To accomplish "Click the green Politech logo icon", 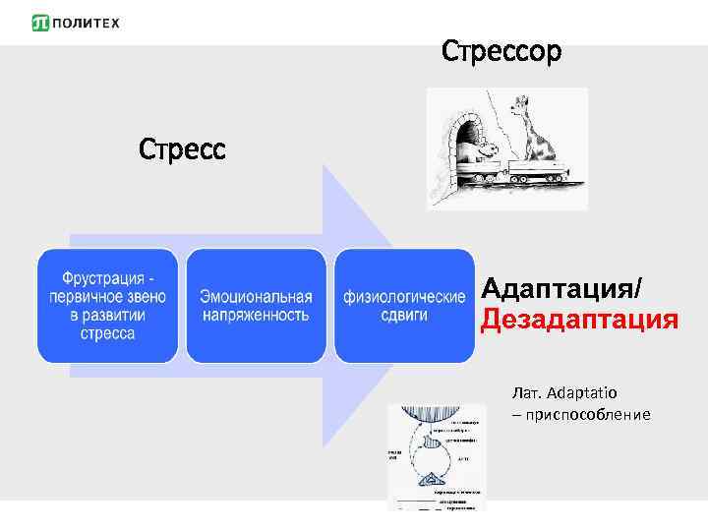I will click(x=40, y=23).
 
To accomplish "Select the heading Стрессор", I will click(x=501, y=50).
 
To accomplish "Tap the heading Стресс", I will click(x=182, y=149).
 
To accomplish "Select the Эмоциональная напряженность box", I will click(x=256, y=305).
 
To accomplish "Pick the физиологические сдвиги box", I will click(x=404, y=305).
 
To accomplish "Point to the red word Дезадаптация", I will click(x=578, y=321).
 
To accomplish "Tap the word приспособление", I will click(x=588, y=414).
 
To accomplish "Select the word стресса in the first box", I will click(x=108, y=333).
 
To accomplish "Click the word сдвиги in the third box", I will click(x=404, y=315).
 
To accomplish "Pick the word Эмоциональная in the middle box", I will click(x=256, y=296).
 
